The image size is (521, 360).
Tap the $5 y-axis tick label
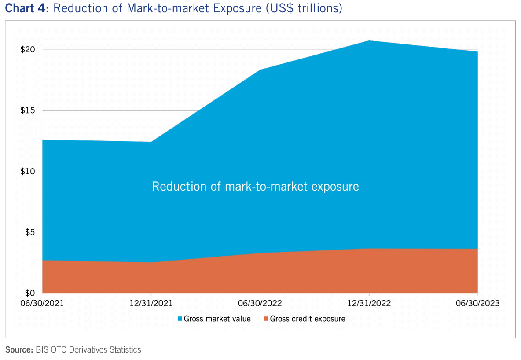29,232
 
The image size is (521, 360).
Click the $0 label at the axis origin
29,293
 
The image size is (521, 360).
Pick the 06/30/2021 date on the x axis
43,304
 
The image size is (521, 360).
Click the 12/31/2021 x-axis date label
151,304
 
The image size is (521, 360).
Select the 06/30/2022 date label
260,304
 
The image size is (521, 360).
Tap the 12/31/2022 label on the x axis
369,304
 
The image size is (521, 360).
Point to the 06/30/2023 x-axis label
477,304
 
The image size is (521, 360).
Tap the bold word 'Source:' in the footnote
19,350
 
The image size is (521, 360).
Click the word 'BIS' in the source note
43,350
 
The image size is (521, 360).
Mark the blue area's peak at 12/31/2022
369,41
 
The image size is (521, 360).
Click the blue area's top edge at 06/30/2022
260,70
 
